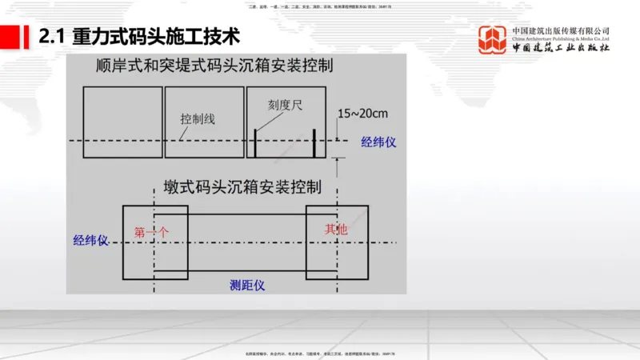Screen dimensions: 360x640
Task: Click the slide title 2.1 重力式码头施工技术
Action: (x=139, y=37)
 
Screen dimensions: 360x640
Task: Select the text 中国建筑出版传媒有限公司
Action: (x=561, y=31)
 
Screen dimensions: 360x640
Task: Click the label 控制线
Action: (x=198, y=118)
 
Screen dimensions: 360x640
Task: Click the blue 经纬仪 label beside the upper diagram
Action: (x=378, y=142)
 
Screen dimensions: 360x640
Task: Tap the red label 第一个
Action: (x=152, y=233)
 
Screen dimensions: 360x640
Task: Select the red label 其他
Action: (x=336, y=230)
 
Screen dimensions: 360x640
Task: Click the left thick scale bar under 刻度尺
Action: (x=256, y=142)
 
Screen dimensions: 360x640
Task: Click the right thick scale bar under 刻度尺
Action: (x=314, y=142)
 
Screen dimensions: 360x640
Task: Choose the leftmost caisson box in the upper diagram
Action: (x=122, y=122)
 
